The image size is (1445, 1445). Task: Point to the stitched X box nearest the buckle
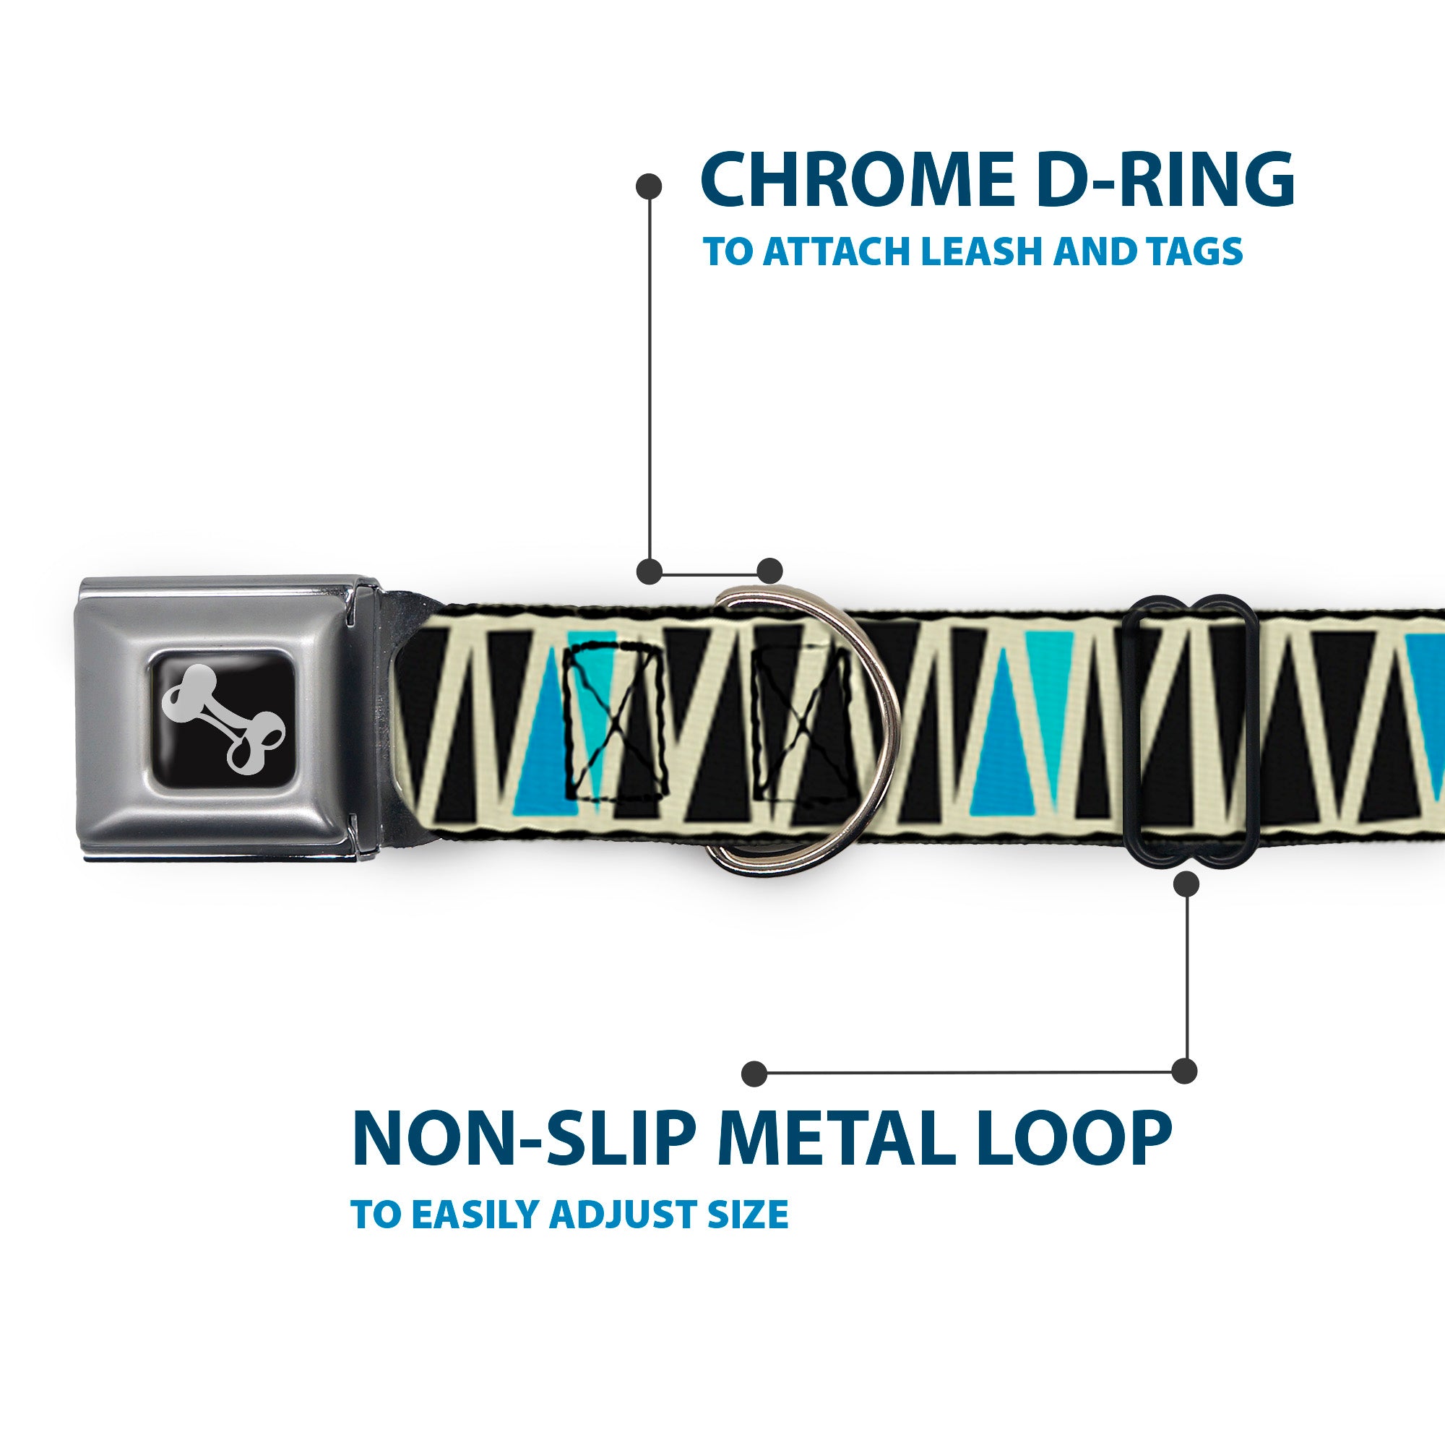pyautogui.click(x=613, y=723)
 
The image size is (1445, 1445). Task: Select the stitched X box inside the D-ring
pyautogui.click(x=802, y=723)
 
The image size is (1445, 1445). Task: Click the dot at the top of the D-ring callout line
pyautogui.click(x=649, y=186)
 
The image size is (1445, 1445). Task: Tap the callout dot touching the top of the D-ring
pyautogui.click(x=769, y=571)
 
